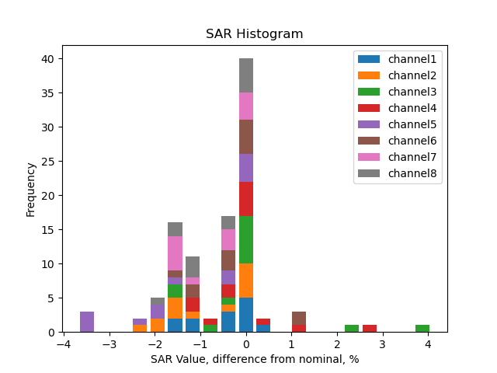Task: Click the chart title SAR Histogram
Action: click(254, 34)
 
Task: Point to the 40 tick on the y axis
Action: click(48, 59)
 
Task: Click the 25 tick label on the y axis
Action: click(48, 162)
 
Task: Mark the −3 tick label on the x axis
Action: click(109, 345)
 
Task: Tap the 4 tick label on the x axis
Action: click(428, 345)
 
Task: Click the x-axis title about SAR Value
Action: click(254, 359)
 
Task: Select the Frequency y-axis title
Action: click(31, 189)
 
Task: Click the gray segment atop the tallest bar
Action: click(246, 75)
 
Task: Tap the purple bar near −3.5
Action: click(87, 322)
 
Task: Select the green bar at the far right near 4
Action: click(422, 329)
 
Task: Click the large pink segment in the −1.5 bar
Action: click(176, 253)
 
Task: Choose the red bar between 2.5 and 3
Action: click(370, 329)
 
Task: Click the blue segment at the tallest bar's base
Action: click(246, 315)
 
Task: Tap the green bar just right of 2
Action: click(352, 329)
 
